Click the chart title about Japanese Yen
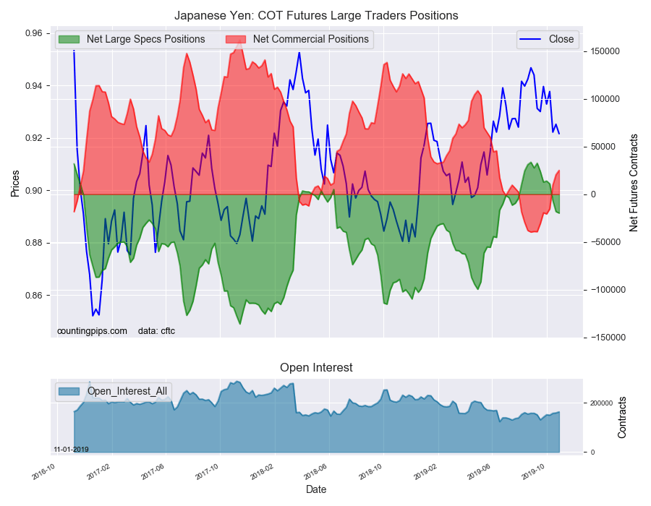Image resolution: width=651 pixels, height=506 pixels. click(x=316, y=15)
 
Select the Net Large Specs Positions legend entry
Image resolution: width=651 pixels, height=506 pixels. click(x=145, y=39)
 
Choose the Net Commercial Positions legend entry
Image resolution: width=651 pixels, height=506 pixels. click(x=310, y=39)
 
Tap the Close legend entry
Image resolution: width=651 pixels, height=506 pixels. click(x=561, y=39)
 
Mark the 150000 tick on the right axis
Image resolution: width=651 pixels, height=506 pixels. click(x=607, y=51)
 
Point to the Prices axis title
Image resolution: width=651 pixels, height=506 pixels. click(x=14, y=183)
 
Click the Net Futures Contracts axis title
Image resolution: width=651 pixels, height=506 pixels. click(x=634, y=183)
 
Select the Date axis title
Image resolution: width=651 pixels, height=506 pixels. click(x=316, y=489)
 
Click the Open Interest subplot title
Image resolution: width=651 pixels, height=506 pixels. click(x=316, y=367)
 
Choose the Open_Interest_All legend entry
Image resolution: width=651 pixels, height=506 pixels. click(x=127, y=391)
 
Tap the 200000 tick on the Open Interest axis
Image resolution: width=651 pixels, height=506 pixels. click(x=600, y=403)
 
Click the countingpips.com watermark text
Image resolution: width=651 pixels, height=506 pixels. click(x=92, y=331)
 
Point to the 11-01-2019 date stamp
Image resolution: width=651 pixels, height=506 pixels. click(x=71, y=449)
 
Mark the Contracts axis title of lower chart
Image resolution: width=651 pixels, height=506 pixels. click(x=623, y=417)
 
